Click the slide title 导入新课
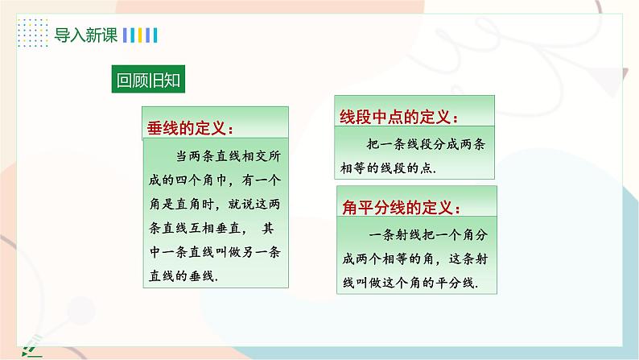coord(86,35)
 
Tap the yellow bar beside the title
coord(140,35)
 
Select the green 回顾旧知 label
coord(148,79)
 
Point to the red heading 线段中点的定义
coord(398,118)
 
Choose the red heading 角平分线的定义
coord(401,208)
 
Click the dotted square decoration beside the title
coord(33,32)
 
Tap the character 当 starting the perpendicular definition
coord(182,156)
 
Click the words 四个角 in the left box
coord(195,180)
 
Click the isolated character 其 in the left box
coord(268,228)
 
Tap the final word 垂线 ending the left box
coord(201,276)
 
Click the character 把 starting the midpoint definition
coord(373,144)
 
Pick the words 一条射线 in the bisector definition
coord(395,235)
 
